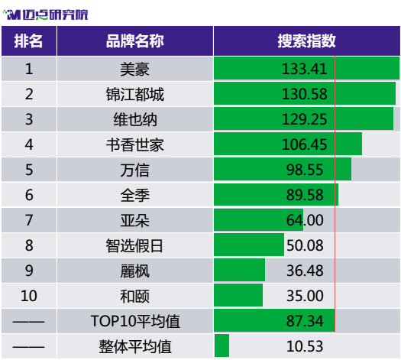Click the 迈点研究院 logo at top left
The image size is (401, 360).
(46, 15)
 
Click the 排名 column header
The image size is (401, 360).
(28, 41)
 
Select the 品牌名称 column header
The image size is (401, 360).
(135, 41)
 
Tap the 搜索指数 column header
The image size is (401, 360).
(306, 41)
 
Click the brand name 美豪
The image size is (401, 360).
(134, 69)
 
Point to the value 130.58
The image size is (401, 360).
(304, 94)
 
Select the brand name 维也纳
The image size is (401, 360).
(135, 119)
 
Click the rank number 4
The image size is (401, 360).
(29, 144)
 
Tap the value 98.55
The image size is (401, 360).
(305, 170)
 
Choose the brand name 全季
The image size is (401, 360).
(134, 195)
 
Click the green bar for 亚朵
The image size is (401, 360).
(259, 220)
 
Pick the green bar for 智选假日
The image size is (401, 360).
(249, 245)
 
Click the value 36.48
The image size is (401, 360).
(305, 271)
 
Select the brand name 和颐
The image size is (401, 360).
(134, 296)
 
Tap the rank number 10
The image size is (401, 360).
(29, 296)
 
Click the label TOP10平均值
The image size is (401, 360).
(135, 321)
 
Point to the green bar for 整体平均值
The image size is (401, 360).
(222, 345)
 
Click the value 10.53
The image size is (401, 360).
(305, 346)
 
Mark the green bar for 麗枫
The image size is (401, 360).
(240, 270)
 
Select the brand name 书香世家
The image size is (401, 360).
(135, 144)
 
